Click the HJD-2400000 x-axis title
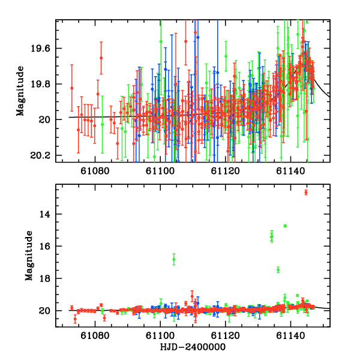point(192,347)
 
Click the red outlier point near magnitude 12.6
point(306,192)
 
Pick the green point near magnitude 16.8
point(174,259)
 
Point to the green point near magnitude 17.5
point(278,269)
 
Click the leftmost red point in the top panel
point(72,88)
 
